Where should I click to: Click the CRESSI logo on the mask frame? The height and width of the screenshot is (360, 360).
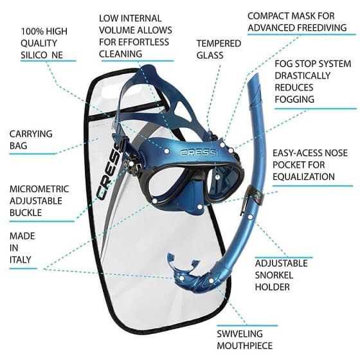tap(198, 153)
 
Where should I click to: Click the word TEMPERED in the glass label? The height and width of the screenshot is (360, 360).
tap(219, 44)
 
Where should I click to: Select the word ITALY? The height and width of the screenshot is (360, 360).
tap(20, 260)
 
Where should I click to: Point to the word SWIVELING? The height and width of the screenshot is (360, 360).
tap(240, 334)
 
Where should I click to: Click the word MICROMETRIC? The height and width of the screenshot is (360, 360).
tap(39, 189)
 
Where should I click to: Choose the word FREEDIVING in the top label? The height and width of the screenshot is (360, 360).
tap(322, 28)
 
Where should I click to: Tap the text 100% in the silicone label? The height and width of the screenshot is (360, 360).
tap(31, 32)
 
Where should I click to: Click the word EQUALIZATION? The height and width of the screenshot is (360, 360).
tap(303, 177)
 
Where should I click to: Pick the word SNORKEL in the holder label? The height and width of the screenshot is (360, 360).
tap(274, 275)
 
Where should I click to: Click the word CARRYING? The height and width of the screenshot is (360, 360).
tap(31, 134)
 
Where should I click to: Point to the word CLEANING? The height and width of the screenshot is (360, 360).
tap(121, 54)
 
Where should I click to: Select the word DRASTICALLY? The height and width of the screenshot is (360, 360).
tap(302, 76)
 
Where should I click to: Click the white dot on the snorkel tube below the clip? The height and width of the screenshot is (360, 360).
tap(251, 217)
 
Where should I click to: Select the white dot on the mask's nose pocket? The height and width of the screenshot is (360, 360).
tap(200, 207)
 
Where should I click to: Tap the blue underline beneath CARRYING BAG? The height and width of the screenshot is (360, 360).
tap(33, 154)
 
